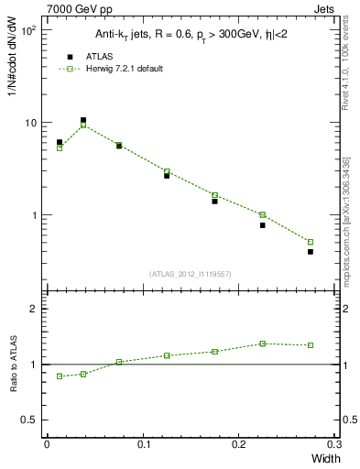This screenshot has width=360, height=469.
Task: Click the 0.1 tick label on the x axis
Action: pos(143,444)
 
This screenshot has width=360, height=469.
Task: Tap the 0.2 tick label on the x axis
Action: pos(239,444)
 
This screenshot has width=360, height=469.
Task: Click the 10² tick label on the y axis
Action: pos(28,30)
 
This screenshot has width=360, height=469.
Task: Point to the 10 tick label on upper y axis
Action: pos(29,123)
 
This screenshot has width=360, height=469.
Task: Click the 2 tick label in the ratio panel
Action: pos(34,309)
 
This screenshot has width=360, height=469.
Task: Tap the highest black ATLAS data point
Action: pos(83,120)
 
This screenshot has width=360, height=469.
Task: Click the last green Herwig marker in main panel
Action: pos(311,242)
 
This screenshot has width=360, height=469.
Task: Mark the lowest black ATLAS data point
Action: pos(311,251)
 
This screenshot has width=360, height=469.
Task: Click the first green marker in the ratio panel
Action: pos(60,376)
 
